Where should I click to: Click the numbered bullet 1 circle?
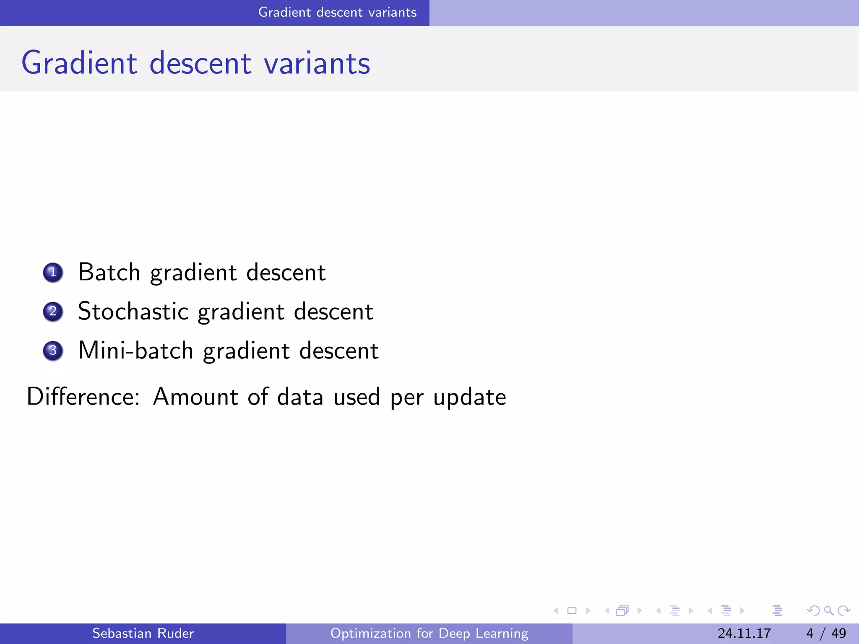pyautogui.click(x=53, y=273)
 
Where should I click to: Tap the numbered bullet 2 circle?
pyautogui.click(x=53, y=312)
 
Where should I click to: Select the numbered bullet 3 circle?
pyautogui.click(x=53, y=351)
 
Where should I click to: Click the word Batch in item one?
pyautogui.click(x=109, y=273)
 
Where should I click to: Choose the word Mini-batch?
pyautogui.click(x=135, y=351)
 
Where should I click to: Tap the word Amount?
pyautogui.click(x=196, y=397)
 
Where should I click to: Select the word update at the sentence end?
pyautogui.click(x=469, y=397)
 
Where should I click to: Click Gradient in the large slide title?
pyautogui.click(x=79, y=63)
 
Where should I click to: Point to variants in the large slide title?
pyautogui.click(x=317, y=63)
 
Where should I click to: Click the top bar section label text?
pyautogui.click(x=337, y=13)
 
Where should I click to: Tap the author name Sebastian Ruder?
pyautogui.click(x=143, y=633)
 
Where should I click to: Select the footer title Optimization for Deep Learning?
pyautogui.click(x=429, y=633)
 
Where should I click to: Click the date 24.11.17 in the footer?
pyautogui.click(x=744, y=633)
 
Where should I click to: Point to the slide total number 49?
pyautogui.click(x=838, y=633)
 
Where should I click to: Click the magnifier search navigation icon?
pyautogui.click(x=828, y=610)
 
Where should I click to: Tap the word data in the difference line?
pyautogui.click(x=300, y=397)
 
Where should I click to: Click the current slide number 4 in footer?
pyautogui.click(x=810, y=633)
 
